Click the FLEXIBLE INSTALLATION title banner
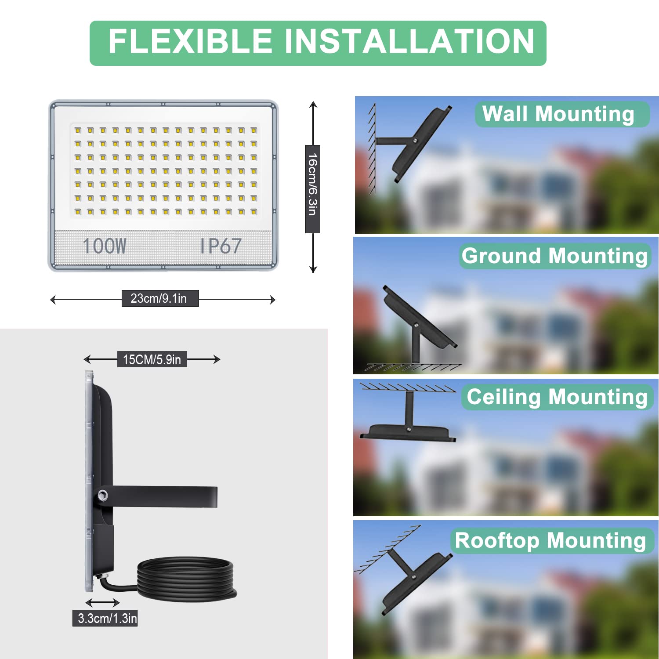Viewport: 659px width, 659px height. (x=318, y=43)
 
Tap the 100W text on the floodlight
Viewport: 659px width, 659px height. (x=105, y=246)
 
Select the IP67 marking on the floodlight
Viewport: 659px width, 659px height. (x=221, y=246)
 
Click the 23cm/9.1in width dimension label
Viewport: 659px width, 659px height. (x=159, y=298)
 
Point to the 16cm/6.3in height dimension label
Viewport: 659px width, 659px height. (x=312, y=188)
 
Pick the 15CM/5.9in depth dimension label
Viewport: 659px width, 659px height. (x=152, y=359)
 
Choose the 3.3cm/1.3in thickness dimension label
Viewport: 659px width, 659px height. (x=105, y=618)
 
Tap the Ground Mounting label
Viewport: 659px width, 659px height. (x=554, y=256)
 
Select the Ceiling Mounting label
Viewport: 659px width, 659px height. (x=557, y=397)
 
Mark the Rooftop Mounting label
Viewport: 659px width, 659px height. (x=551, y=541)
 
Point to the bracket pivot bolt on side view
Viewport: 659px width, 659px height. (x=103, y=496)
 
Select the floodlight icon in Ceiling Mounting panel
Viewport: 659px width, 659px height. (x=408, y=432)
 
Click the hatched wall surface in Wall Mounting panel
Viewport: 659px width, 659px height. (x=372, y=149)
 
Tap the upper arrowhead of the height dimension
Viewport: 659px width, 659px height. (x=313, y=105)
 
